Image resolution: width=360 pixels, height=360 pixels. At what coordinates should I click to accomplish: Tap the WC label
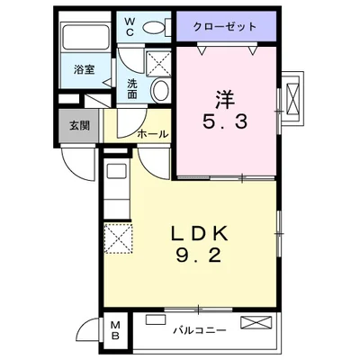(x=130, y=27)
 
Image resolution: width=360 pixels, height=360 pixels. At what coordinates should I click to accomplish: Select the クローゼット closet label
(x=225, y=27)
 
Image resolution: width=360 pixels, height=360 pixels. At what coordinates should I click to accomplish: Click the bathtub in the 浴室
(x=85, y=37)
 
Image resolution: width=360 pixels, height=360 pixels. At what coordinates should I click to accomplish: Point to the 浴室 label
(x=85, y=69)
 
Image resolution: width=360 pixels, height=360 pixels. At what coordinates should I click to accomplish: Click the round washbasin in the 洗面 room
(x=161, y=90)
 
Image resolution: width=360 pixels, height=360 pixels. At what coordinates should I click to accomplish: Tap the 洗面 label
(x=131, y=89)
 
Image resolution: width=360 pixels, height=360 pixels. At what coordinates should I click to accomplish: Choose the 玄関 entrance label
(x=79, y=125)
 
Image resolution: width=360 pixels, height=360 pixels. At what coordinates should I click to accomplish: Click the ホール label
(x=153, y=134)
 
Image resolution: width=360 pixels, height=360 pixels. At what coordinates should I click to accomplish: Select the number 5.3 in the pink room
(x=225, y=122)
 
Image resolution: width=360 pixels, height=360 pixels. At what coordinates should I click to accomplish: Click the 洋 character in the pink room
(x=225, y=100)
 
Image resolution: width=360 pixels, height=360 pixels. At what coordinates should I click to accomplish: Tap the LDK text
(x=200, y=234)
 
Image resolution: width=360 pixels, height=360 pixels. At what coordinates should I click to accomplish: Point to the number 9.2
(x=199, y=256)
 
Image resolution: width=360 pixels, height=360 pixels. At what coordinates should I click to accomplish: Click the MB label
(x=115, y=330)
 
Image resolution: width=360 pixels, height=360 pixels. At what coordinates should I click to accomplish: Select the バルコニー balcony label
(x=200, y=331)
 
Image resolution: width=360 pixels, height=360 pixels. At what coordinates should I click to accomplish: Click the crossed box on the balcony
(x=256, y=322)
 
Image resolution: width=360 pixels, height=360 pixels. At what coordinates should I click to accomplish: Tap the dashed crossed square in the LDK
(x=119, y=238)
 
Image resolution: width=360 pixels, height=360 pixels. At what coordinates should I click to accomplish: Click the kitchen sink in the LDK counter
(x=117, y=171)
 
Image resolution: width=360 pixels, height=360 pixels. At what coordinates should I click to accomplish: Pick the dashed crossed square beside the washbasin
(x=158, y=63)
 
